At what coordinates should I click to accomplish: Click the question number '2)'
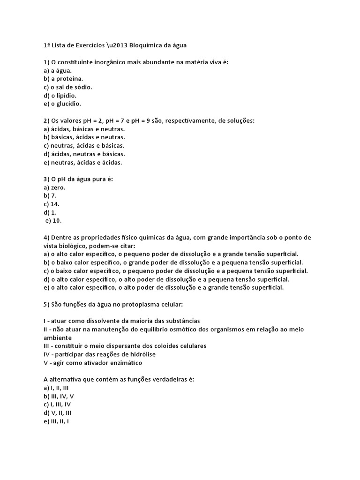[46, 120]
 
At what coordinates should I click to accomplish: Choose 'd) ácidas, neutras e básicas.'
[84, 154]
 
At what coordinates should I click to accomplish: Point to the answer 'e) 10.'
[53, 221]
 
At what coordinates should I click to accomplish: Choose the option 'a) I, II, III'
[56, 388]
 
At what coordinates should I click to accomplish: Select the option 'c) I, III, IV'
[57, 405]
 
